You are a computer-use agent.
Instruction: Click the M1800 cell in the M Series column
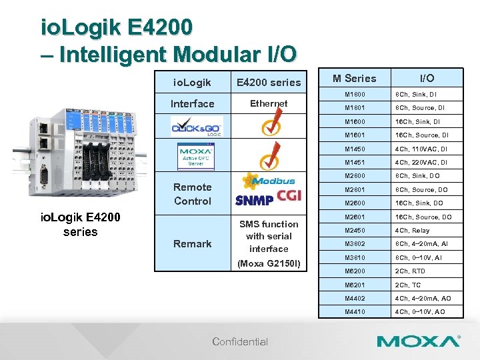355,94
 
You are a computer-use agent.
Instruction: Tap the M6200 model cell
355,271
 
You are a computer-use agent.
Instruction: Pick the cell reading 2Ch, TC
408,285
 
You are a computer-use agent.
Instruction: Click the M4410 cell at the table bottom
355,312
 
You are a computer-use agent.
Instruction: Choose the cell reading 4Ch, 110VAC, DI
421,149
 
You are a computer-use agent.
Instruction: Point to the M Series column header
355,78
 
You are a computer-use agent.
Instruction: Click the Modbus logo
269,181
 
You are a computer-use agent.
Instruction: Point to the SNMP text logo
254,199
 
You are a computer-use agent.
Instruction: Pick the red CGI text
290,197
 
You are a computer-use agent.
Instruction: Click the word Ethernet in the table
269,103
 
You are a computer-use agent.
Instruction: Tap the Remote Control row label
192,194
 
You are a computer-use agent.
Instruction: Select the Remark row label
192,244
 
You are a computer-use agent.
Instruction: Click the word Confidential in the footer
240,342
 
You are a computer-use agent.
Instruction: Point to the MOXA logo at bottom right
419,341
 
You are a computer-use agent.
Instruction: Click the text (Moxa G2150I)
269,265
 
